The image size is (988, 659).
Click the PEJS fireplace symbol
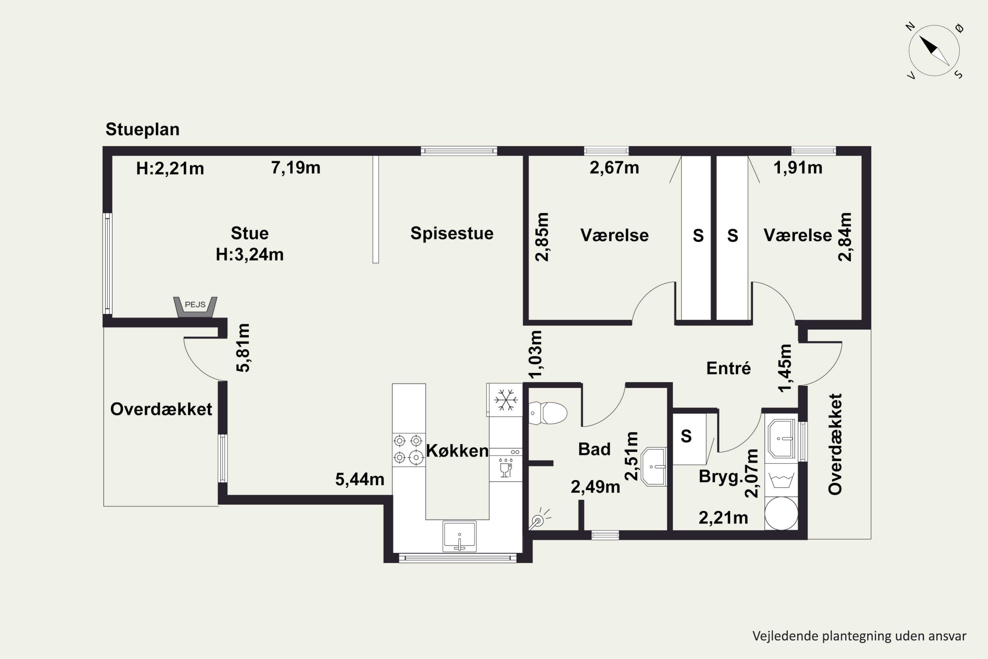coord(195,307)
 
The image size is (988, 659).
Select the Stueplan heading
coord(142,129)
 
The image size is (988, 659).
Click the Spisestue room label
coord(452,233)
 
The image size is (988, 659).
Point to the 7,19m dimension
coord(296,168)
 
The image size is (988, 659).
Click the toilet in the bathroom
coord(547,413)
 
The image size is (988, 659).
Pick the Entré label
coord(728,368)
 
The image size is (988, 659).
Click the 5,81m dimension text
coord(243,348)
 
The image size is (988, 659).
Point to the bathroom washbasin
coord(654,467)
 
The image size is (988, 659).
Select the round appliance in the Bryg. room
coord(781,513)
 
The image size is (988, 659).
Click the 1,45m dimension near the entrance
coord(785,368)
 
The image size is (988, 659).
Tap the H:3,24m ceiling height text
coord(250,254)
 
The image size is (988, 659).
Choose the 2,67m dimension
coord(614,168)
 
